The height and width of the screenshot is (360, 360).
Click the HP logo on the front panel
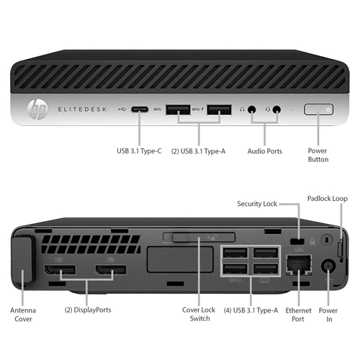click(x=37, y=109)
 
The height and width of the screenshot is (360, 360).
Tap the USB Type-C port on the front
click(x=140, y=109)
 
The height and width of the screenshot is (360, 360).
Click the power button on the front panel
click(x=318, y=109)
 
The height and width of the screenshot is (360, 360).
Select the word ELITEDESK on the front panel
click(x=82, y=109)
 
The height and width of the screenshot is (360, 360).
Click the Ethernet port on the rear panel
click(x=299, y=265)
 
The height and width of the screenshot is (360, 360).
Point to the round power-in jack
click(x=328, y=266)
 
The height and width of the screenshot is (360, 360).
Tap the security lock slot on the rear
click(x=297, y=241)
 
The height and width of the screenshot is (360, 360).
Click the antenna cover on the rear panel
click(x=22, y=258)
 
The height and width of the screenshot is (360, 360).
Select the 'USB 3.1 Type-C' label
click(x=139, y=151)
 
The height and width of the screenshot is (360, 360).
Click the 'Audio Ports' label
click(x=265, y=151)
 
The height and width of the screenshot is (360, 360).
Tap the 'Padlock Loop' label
click(x=328, y=199)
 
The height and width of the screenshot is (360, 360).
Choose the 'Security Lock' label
click(x=257, y=204)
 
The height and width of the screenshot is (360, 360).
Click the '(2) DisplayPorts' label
click(x=88, y=310)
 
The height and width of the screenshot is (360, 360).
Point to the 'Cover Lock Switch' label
click(x=199, y=314)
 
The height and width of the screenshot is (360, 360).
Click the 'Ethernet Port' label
click(x=298, y=315)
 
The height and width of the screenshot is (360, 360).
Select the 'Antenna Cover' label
click(x=23, y=315)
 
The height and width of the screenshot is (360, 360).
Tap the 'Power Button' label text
click(x=318, y=155)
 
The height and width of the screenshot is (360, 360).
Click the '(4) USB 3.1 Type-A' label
click(x=251, y=310)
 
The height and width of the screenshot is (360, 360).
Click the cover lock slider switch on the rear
click(x=204, y=238)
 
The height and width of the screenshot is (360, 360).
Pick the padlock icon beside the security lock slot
click(x=312, y=241)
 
